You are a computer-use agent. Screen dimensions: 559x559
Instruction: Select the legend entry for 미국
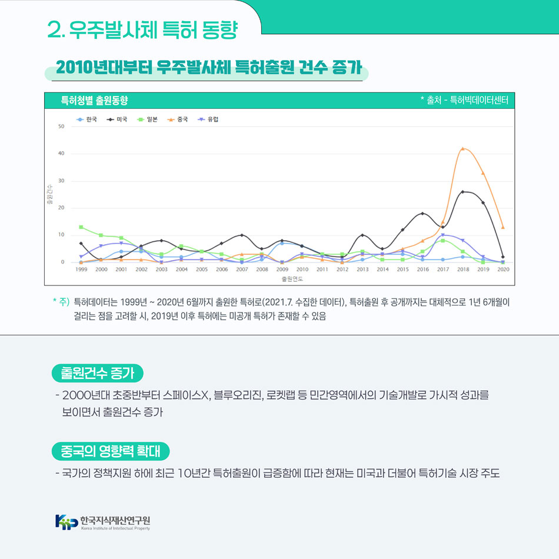[x=117, y=119]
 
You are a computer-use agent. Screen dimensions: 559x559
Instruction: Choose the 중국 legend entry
[x=178, y=119]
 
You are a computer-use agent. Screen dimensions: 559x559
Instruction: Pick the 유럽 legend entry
[x=208, y=119]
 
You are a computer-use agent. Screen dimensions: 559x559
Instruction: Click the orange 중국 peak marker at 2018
[x=462, y=148]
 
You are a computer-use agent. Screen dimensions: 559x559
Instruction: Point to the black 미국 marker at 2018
[x=462, y=192]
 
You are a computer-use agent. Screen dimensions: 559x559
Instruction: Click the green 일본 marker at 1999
[x=81, y=227]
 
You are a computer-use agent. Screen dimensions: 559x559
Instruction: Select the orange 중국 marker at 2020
[x=503, y=227]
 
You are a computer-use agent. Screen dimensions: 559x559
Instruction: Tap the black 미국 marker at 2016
[x=422, y=214]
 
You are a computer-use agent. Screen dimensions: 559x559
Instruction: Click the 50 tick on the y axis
[x=61, y=127]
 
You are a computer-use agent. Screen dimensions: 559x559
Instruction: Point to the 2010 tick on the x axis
[x=302, y=269]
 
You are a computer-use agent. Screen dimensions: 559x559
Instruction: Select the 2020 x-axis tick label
[x=503, y=269]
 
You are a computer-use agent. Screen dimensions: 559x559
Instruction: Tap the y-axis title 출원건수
[x=49, y=194]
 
